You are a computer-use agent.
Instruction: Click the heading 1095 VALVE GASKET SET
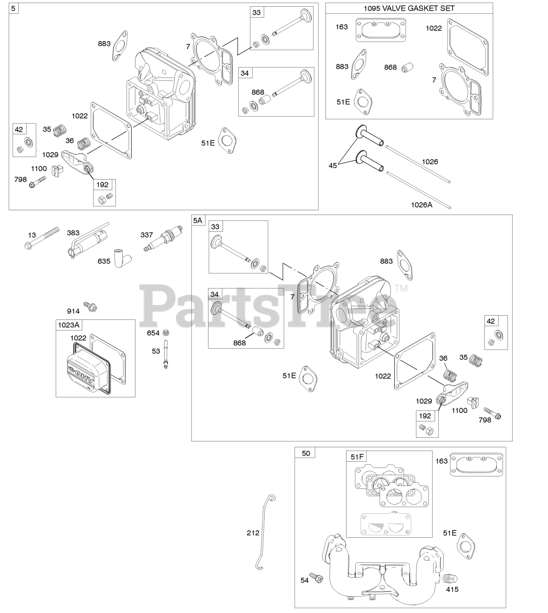[x=409, y=8]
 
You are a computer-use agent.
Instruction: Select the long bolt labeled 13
[x=43, y=238]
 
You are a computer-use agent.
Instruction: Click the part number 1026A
[x=421, y=205]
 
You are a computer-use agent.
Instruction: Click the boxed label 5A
[x=198, y=220]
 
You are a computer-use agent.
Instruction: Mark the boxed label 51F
[x=357, y=456]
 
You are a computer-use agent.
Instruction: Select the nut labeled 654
[x=166, y=332]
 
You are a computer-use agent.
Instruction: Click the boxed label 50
[x=306, y=453]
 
